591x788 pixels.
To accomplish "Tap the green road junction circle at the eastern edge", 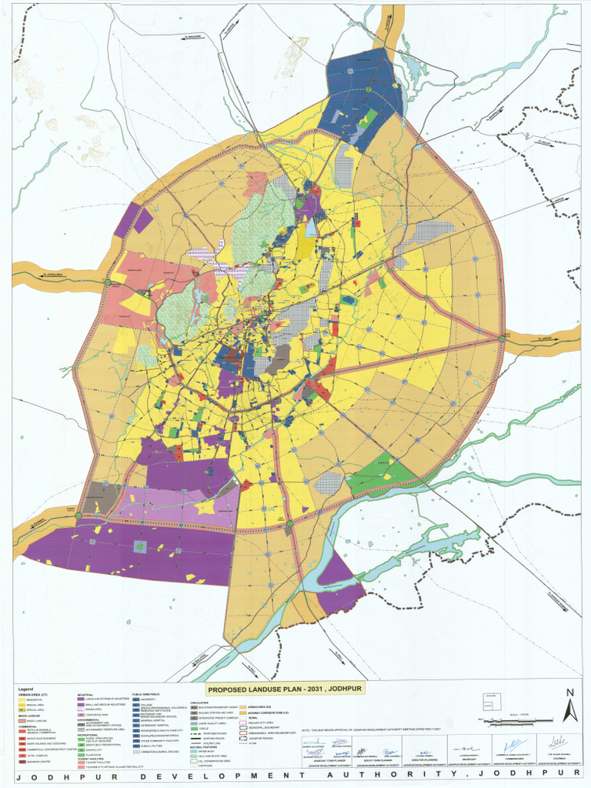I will tap(502, 338).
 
